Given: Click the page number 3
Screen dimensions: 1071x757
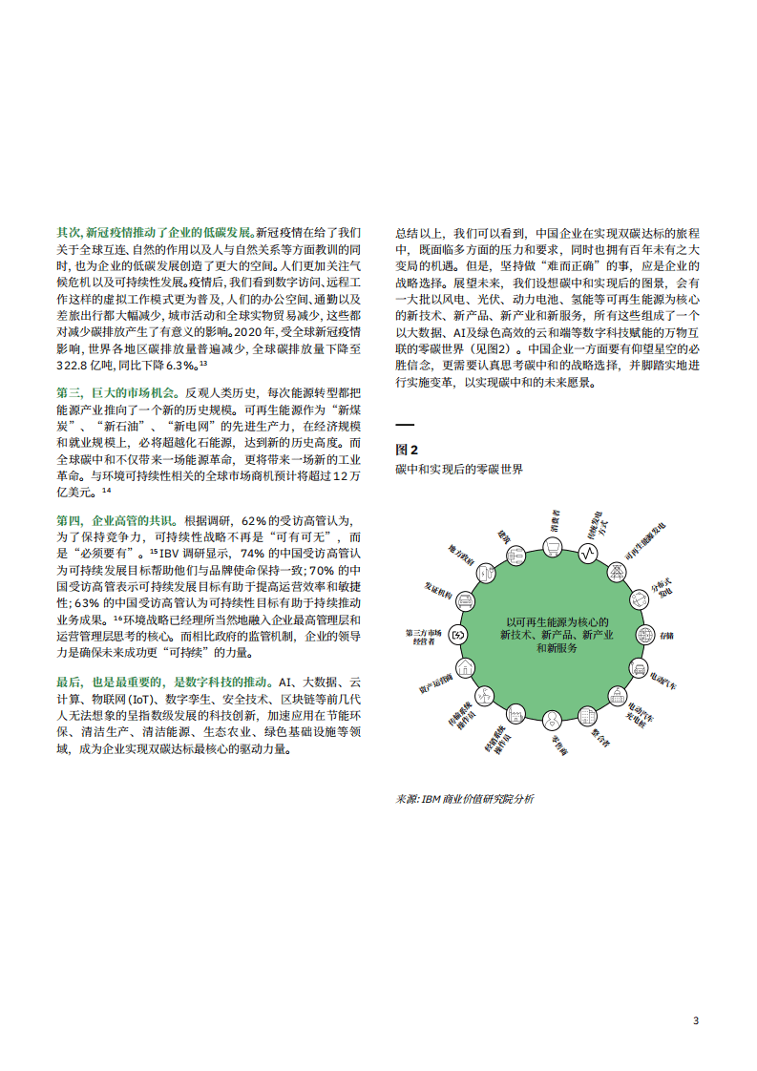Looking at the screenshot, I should click(695, 1021).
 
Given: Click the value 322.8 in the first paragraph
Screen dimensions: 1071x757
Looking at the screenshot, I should click(76, 366).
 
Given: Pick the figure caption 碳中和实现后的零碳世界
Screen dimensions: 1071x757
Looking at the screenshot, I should click(459, 471).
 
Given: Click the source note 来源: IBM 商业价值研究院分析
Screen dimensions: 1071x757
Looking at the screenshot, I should click(465, 799).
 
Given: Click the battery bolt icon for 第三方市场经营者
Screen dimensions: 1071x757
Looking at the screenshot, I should click(458, 635).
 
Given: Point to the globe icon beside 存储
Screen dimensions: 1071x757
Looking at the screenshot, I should click(643, 635).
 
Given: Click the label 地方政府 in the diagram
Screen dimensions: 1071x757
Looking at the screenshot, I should click(462, 556).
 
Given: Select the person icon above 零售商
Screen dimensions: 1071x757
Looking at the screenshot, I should click(552, 720).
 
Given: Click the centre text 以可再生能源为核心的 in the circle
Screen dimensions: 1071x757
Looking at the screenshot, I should click(557, 622).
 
